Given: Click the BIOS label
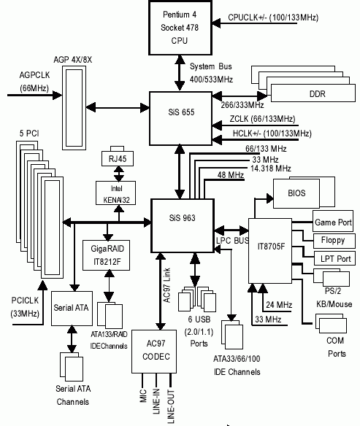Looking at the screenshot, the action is click(296, 193).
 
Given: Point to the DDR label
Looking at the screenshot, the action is click(318, 93).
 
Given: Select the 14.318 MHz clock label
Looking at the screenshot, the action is click(270, 169).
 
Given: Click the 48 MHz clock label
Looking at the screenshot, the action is click(231, 175).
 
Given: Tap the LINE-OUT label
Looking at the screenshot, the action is click(171, 406).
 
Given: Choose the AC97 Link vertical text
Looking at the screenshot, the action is click(166, 285).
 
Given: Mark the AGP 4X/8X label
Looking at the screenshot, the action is click(72, 60).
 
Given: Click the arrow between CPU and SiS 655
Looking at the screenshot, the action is click(180, 73).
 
